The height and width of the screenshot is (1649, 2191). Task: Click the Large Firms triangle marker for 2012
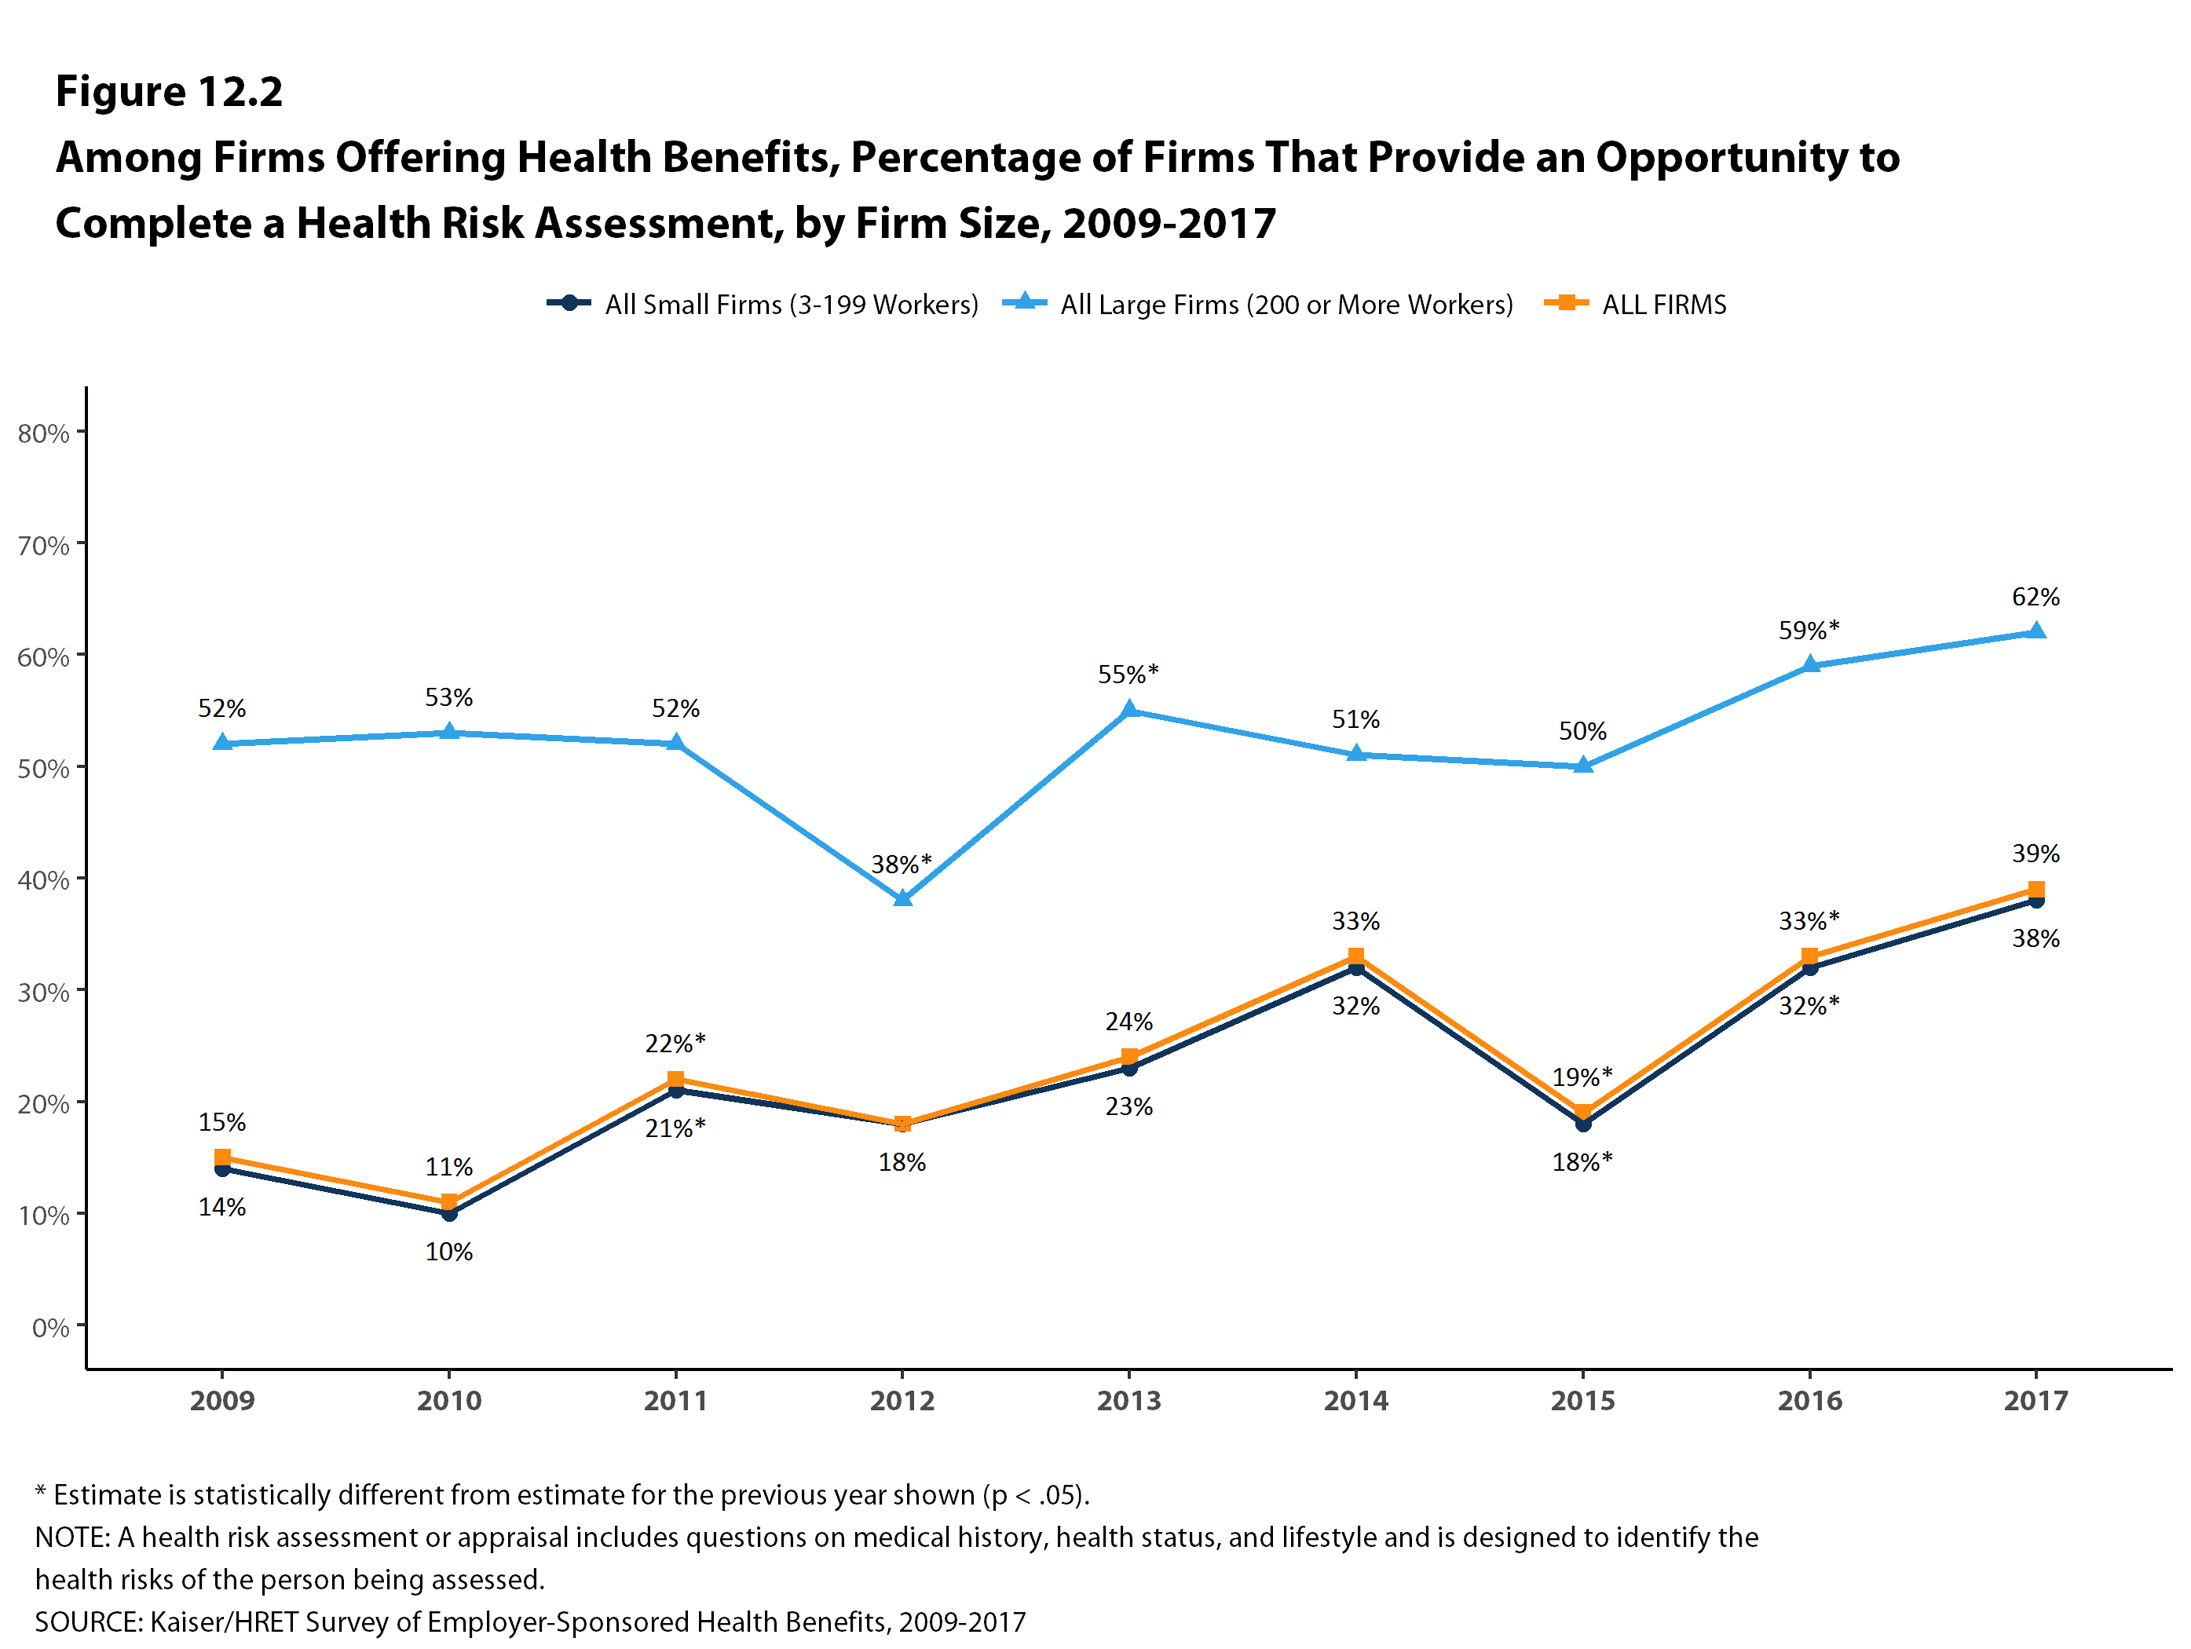(902, 898)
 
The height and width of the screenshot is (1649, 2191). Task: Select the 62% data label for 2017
(2036, 598)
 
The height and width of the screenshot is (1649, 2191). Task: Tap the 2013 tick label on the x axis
(1128, 1400)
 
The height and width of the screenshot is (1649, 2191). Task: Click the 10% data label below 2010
(448, 1252)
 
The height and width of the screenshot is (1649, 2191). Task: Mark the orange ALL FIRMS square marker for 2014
(1356, 956)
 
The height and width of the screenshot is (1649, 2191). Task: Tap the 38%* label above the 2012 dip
(902, 864)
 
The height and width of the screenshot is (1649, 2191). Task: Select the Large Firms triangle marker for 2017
(2036, 631)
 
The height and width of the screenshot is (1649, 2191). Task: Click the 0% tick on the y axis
(50, 1327)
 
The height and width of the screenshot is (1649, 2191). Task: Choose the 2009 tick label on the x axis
(222, 1400)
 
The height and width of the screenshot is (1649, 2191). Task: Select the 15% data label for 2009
(222, 1122)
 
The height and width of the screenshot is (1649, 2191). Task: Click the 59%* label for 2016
(1809, 630)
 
